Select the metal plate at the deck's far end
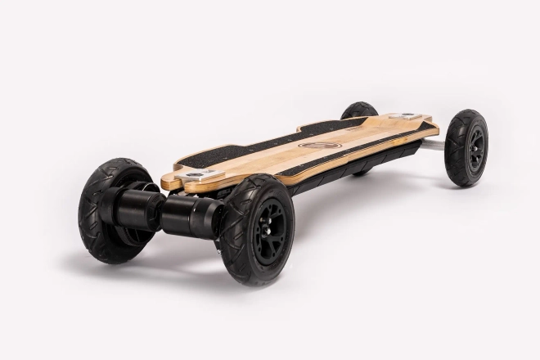coord(406,116)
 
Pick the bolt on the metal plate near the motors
coord(196,173)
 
